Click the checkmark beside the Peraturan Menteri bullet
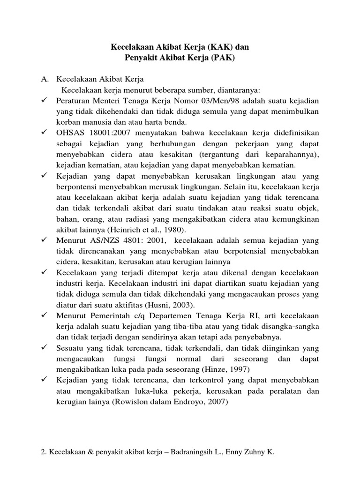(45, 101)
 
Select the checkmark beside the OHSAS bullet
(45, 133)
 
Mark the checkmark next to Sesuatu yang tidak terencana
(45, 348)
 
